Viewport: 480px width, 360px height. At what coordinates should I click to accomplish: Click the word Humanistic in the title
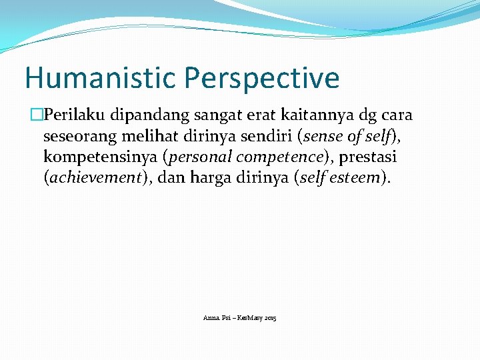coord(101,78)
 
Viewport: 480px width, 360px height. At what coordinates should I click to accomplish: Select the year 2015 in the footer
coord(270,319)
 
